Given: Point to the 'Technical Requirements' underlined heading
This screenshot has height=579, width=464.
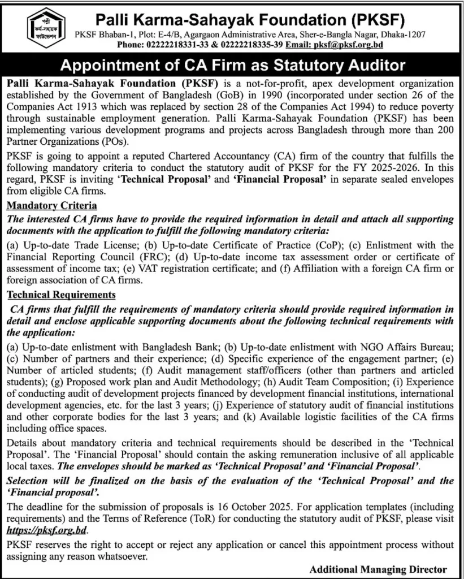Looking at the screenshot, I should (x=61, y=295).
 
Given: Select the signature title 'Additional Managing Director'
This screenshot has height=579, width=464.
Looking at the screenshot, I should (x=378, y=569).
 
